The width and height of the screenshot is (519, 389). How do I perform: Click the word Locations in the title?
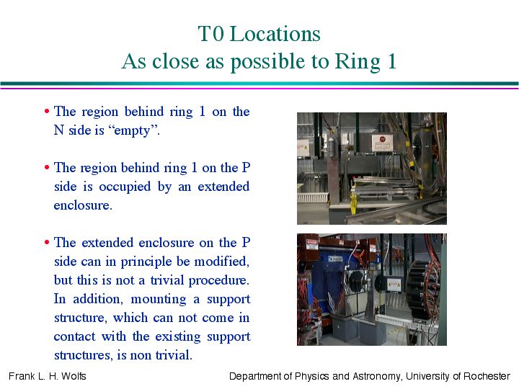click(275, 34)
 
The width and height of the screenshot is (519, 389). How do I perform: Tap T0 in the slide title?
click(210, 34)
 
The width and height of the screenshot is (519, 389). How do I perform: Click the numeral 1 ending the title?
click(392, 61)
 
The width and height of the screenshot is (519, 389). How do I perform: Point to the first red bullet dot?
click(47, 111)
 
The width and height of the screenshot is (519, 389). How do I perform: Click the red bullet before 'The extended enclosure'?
click(47, 243)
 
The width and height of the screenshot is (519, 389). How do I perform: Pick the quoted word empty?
click(133, 130)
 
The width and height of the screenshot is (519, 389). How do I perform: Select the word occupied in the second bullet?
click(125, 187)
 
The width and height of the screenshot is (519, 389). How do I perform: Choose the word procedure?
click(219, 281)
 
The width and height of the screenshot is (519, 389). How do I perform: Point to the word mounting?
click(159, 300)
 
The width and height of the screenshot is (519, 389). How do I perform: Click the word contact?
click(74, 336)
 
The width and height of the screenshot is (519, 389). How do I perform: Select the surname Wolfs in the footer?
click(74, 376)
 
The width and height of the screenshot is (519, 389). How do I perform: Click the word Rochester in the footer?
click(487, 376)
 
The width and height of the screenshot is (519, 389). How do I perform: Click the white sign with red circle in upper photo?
click(382, 142)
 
